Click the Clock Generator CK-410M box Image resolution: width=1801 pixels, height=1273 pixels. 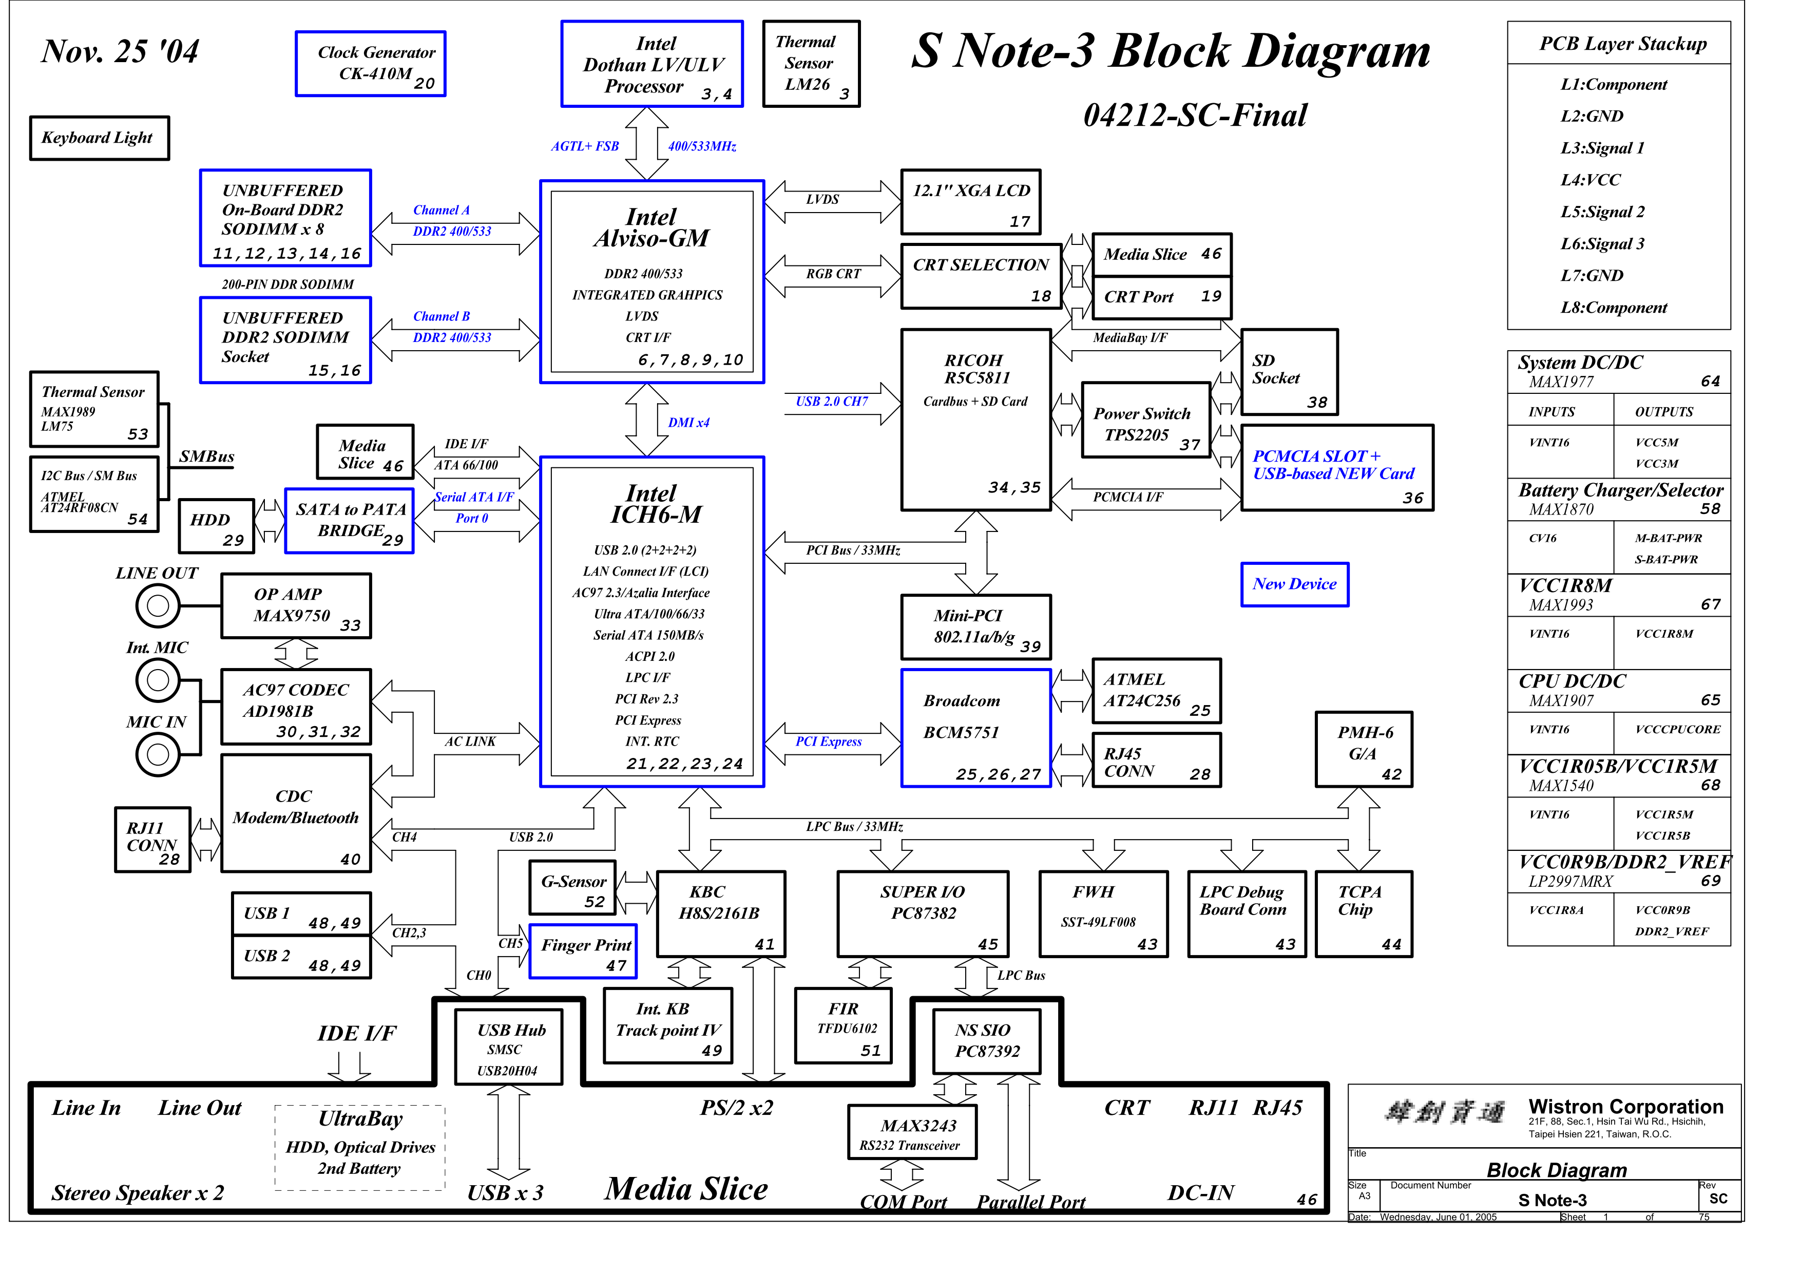[x=370, y=64]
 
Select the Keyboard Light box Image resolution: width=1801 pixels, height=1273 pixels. [x=99, y=138]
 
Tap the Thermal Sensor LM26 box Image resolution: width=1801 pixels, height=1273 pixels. [x=811, y=64]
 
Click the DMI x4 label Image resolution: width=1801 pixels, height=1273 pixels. [x=688, y=423]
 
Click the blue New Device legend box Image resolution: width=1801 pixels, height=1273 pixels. [x=1294, y=584]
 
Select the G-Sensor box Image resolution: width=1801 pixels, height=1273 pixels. [x=572, y=887]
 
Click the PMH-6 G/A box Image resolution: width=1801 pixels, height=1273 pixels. [x=1363, y=749]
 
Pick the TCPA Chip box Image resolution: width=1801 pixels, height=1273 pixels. [x=1363, y=914]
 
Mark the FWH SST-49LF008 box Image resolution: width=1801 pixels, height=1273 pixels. [x=1103, y=914]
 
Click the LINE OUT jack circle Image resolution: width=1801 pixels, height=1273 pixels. [x=158, y=605]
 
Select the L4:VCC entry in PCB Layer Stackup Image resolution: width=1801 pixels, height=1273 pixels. [x=1590, y=180]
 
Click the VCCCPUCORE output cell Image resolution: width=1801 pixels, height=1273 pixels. [x=1677, y=729]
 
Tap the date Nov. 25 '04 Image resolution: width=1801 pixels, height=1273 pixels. [x=120, y=52]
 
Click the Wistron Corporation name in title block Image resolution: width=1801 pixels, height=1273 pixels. [x=1625, y=1107]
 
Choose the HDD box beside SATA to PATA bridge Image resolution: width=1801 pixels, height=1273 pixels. [x=217, y=525]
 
